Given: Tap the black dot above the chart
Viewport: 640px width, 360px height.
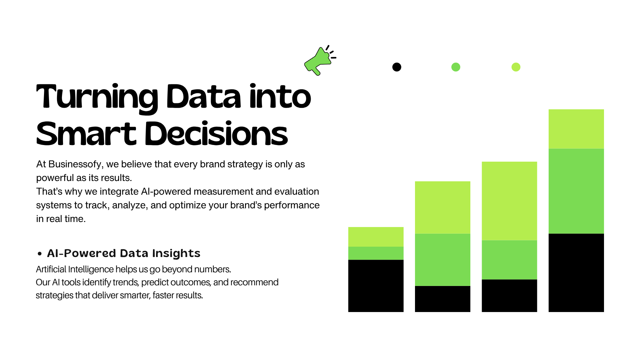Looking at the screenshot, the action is coord(397,67).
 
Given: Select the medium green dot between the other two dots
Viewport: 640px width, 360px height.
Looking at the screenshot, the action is coord(456,67).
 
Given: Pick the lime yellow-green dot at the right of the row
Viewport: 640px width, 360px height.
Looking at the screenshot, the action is coord(516,67).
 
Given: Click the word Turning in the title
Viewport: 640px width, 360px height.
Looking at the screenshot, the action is coord(97,97).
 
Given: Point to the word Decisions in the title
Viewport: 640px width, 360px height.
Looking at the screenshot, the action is coord(216,134).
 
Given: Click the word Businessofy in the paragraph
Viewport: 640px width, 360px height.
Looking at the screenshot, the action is coord(75,164).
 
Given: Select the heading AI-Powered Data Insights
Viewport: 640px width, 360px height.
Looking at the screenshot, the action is coord(124,253).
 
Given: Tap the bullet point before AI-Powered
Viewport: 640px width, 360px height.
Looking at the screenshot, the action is coord(40,254).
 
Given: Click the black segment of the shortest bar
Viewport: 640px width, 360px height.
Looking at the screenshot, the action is coord(376,286).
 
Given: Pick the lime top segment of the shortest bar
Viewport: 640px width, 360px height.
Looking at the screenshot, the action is coord(376,237).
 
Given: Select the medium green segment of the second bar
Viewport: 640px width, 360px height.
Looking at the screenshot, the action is coord(442,260).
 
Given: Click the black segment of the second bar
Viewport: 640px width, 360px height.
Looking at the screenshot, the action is coord(442,299).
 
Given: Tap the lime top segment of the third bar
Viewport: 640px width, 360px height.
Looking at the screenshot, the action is coord(509,201).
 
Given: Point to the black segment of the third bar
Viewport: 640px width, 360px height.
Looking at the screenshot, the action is coord(509,296).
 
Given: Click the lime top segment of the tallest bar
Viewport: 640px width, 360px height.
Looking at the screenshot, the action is coord(576,129).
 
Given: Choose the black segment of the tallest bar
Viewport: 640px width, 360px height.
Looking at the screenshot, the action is coord(576,273).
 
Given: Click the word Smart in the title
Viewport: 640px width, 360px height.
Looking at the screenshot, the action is coord(86,134).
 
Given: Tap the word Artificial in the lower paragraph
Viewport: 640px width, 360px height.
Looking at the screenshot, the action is coord(51,269).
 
